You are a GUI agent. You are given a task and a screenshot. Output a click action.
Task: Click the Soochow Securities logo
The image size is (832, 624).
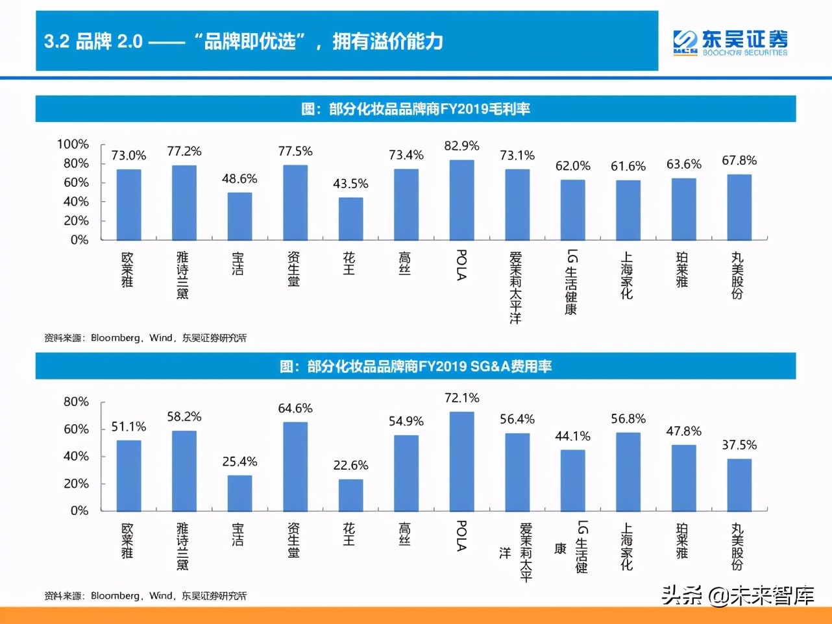click(x=730, y=42)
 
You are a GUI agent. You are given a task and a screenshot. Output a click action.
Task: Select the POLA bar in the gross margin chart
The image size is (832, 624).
click(x=461, y=200)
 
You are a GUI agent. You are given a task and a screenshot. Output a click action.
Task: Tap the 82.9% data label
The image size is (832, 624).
click(x=461, y=146)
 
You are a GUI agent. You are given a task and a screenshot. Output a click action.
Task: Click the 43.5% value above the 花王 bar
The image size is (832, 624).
click(x=350, y=184)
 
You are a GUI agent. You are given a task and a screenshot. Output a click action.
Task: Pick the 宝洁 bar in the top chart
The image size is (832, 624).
click(x=239, y=216)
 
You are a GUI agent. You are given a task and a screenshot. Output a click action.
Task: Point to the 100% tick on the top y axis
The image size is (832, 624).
click(x=73, y=144)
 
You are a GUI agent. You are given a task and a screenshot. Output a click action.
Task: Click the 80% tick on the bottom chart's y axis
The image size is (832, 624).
click(x=76, y=402)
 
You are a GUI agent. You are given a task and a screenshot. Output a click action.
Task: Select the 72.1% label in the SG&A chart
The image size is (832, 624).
click(x=461, y=398)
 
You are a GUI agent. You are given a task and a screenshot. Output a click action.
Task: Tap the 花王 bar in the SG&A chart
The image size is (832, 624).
click(x=350, y=495)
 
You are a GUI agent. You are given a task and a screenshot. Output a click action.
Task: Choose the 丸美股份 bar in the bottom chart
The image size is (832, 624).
click(x=739, y=485)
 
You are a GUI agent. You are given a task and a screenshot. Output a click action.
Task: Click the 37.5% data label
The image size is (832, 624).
click(x=739, y=445)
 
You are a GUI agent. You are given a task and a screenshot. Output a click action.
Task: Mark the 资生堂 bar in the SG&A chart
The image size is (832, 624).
click(x=295, y=466)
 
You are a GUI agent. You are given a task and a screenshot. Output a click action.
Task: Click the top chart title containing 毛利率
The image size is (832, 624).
click(x=415, y=109)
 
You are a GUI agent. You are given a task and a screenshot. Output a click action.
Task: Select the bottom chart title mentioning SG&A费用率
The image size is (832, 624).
click(x=415, y=366)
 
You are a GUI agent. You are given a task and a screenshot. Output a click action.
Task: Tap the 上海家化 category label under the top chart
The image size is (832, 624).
click(x=626, y=276)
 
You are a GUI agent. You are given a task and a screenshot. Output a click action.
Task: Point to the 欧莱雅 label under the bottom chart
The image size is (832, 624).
click(x=128, y=541)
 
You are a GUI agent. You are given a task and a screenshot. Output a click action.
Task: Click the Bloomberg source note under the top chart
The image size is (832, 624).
click(x=145, y=338)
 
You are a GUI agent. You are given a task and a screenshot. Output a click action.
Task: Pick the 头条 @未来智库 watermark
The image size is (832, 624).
click(x=737, y=595)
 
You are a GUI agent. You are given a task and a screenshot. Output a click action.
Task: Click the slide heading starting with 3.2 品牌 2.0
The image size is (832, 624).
click(x=243, y=42)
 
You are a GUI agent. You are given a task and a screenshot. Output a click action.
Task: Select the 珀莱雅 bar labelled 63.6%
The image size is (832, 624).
click(x=683, y=209)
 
